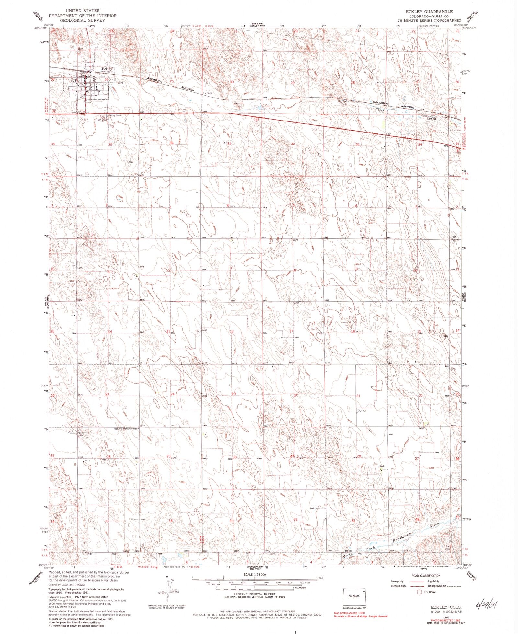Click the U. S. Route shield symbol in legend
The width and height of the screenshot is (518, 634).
pyautogui.click(x=420, y=592)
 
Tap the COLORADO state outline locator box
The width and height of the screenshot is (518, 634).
pyautogui.click(x=354, y=596)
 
